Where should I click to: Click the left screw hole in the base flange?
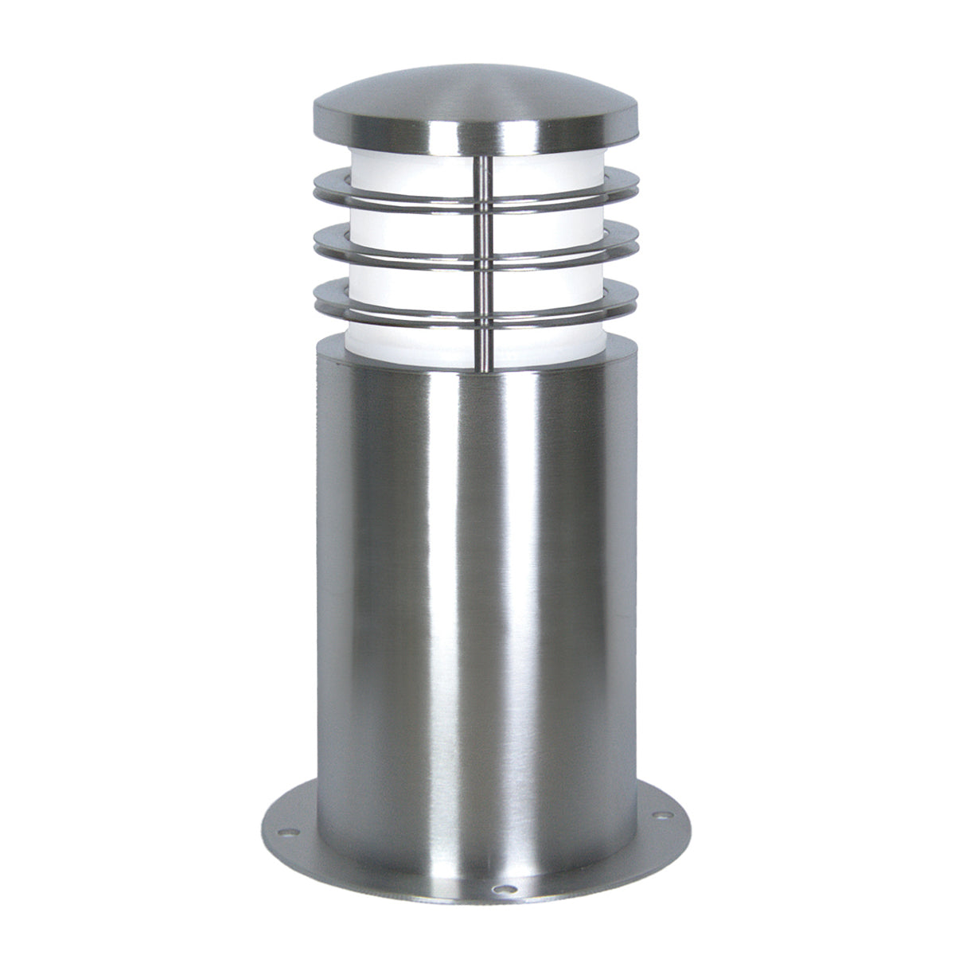pos(291,832)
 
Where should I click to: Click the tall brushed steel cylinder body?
pos(477,597)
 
